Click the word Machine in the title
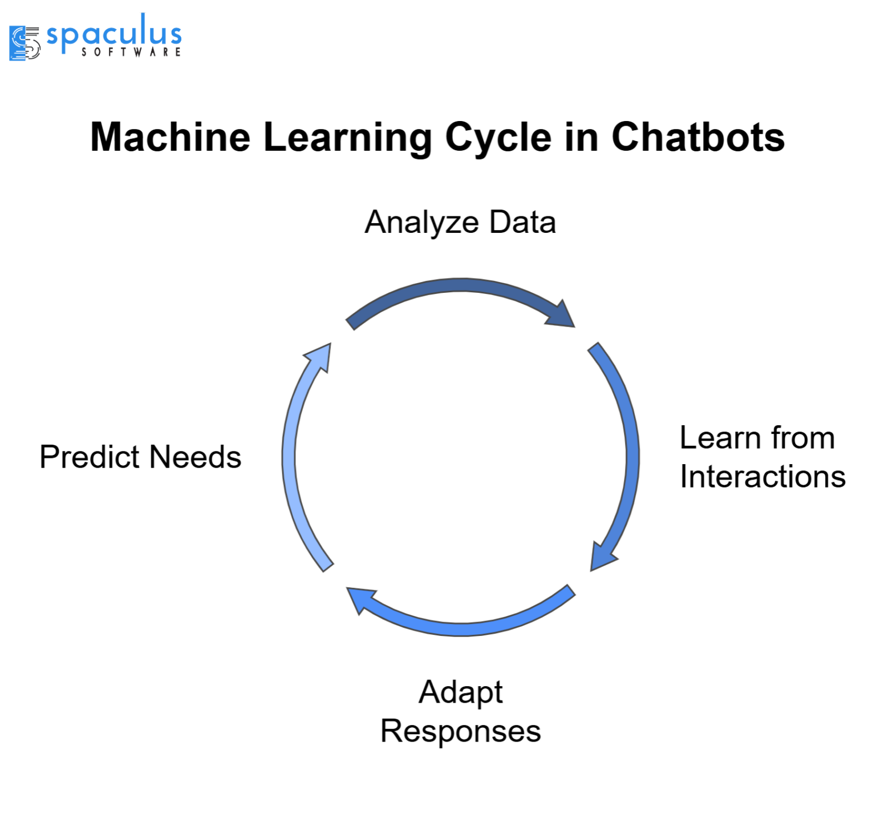(x=170, y=138)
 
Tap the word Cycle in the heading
(x=498, y=139)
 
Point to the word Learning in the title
(x=348, y=139)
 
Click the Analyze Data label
(x=460, y=222)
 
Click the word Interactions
(x=762, y=477)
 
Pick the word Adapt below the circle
(x=460, y=692)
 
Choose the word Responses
(x=460, y=731)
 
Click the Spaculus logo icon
(x=25, y=43)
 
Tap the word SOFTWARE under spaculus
(x=131, y=52)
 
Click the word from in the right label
(x=802, y=438)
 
